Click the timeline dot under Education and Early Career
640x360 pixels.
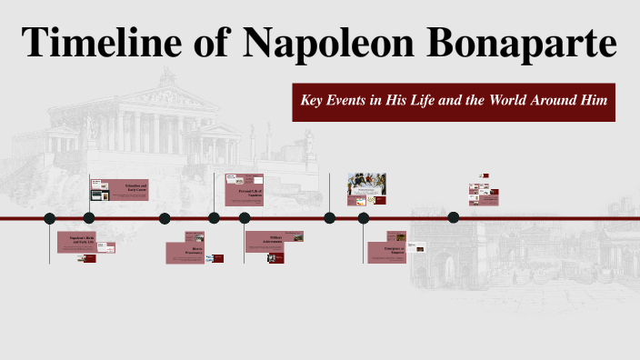(x=89, y=218)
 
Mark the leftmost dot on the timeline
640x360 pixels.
(x=50, y=218)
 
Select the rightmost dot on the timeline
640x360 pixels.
(x=454, y=217)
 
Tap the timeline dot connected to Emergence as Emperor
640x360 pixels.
(x=364, y=218)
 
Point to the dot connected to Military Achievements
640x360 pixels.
(x=245, y=218)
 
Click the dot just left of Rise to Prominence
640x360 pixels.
(x=165, y=218)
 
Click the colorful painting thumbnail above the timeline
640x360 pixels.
(x=366, y=184)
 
